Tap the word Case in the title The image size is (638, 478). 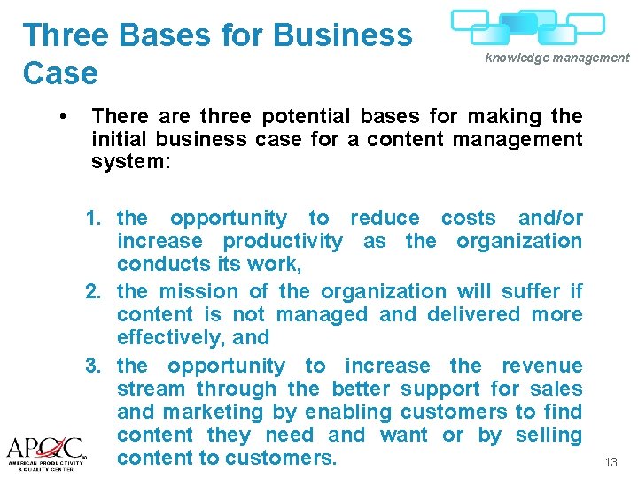[x=61, y=73]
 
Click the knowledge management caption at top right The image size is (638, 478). [x=556, y=58]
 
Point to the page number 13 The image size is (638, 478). [x=611, y=463]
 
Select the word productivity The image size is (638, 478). [x=283, y=241]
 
